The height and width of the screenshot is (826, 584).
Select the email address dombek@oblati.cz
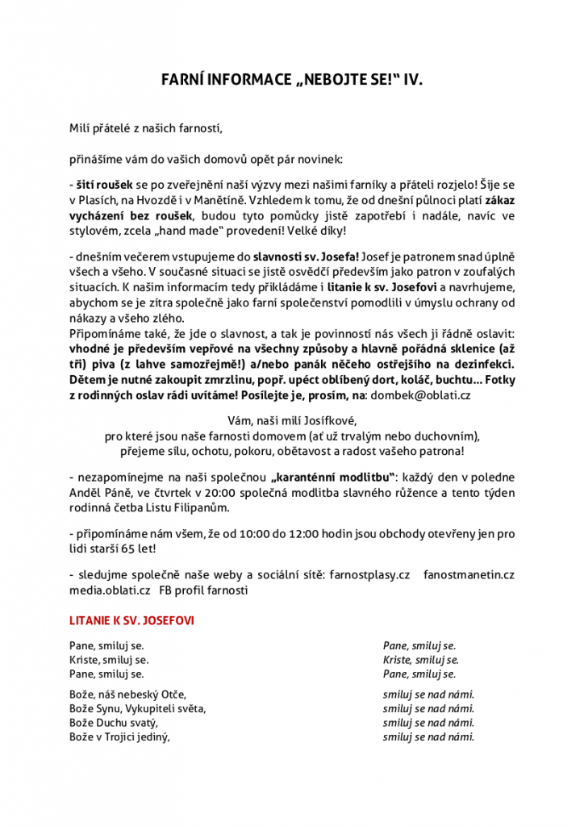click(421, 396)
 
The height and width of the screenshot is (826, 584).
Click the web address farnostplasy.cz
click(370, 574)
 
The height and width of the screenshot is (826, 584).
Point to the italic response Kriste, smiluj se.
click(419, 659)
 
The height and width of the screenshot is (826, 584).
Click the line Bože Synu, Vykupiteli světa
click(138, 708)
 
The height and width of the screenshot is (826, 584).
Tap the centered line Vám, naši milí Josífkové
click(292, 420)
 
